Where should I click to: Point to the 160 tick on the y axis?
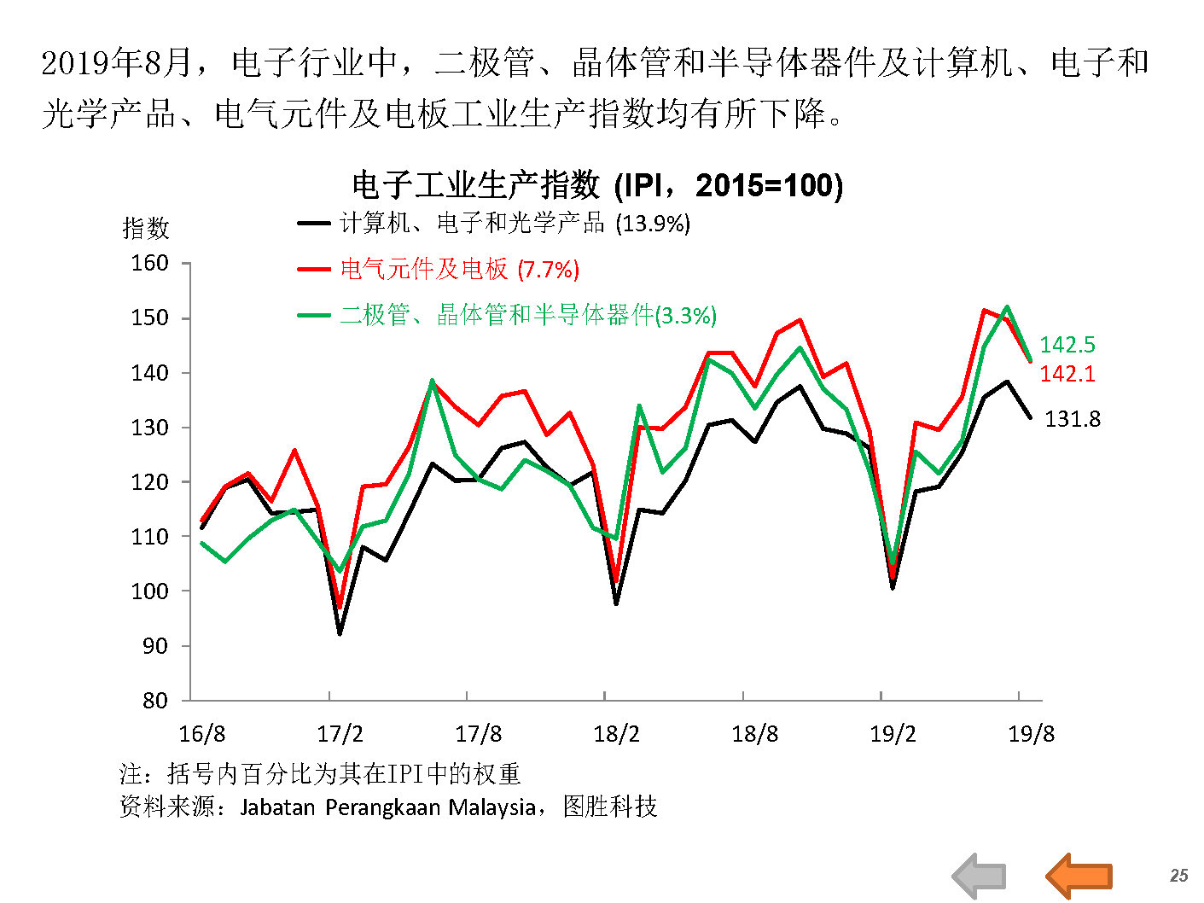(x=149, y=263)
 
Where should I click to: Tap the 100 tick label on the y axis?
(x=149, y=591)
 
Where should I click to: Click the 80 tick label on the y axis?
(x=154, y=701)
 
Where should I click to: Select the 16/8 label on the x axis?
(x=202, y=734)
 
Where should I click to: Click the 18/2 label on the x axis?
(x=616, y=734)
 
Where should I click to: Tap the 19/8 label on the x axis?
(x=1031, y=734)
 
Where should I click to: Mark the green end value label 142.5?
(x=1067, y=345)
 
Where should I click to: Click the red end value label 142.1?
(x=1067, y=374)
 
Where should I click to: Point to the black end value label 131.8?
(x=1073, y=419)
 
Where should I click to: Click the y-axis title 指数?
(x=146, y=228)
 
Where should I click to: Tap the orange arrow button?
(x=1079, y=876)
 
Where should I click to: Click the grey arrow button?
(x=979, y=876)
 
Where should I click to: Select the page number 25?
(x=1178, y=876)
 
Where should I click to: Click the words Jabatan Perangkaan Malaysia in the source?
(x=388, y=807)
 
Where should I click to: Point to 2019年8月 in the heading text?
(x=117, y=63)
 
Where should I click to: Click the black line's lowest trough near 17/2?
(x=340, y=633)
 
